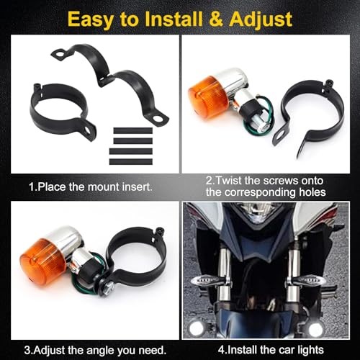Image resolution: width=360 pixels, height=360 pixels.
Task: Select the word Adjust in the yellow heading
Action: [x=261, y=20]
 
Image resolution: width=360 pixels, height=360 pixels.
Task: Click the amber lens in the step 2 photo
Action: [x=207, y=97]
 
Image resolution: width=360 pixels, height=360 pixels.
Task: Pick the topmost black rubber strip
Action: [x=132, y=131]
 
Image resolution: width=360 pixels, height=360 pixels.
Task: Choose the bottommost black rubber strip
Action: [x=131, y=161]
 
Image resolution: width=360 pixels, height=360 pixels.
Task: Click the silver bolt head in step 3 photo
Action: [x=109, y=286]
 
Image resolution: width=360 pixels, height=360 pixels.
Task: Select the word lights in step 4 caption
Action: [x=310, y=350]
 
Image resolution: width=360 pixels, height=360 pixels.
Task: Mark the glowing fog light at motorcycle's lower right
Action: [x=315, y=329]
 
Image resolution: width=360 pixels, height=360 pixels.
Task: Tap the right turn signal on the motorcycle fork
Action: [x=308, y=280]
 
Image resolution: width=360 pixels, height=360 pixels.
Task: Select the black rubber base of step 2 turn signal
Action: [x=250, y=111]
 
